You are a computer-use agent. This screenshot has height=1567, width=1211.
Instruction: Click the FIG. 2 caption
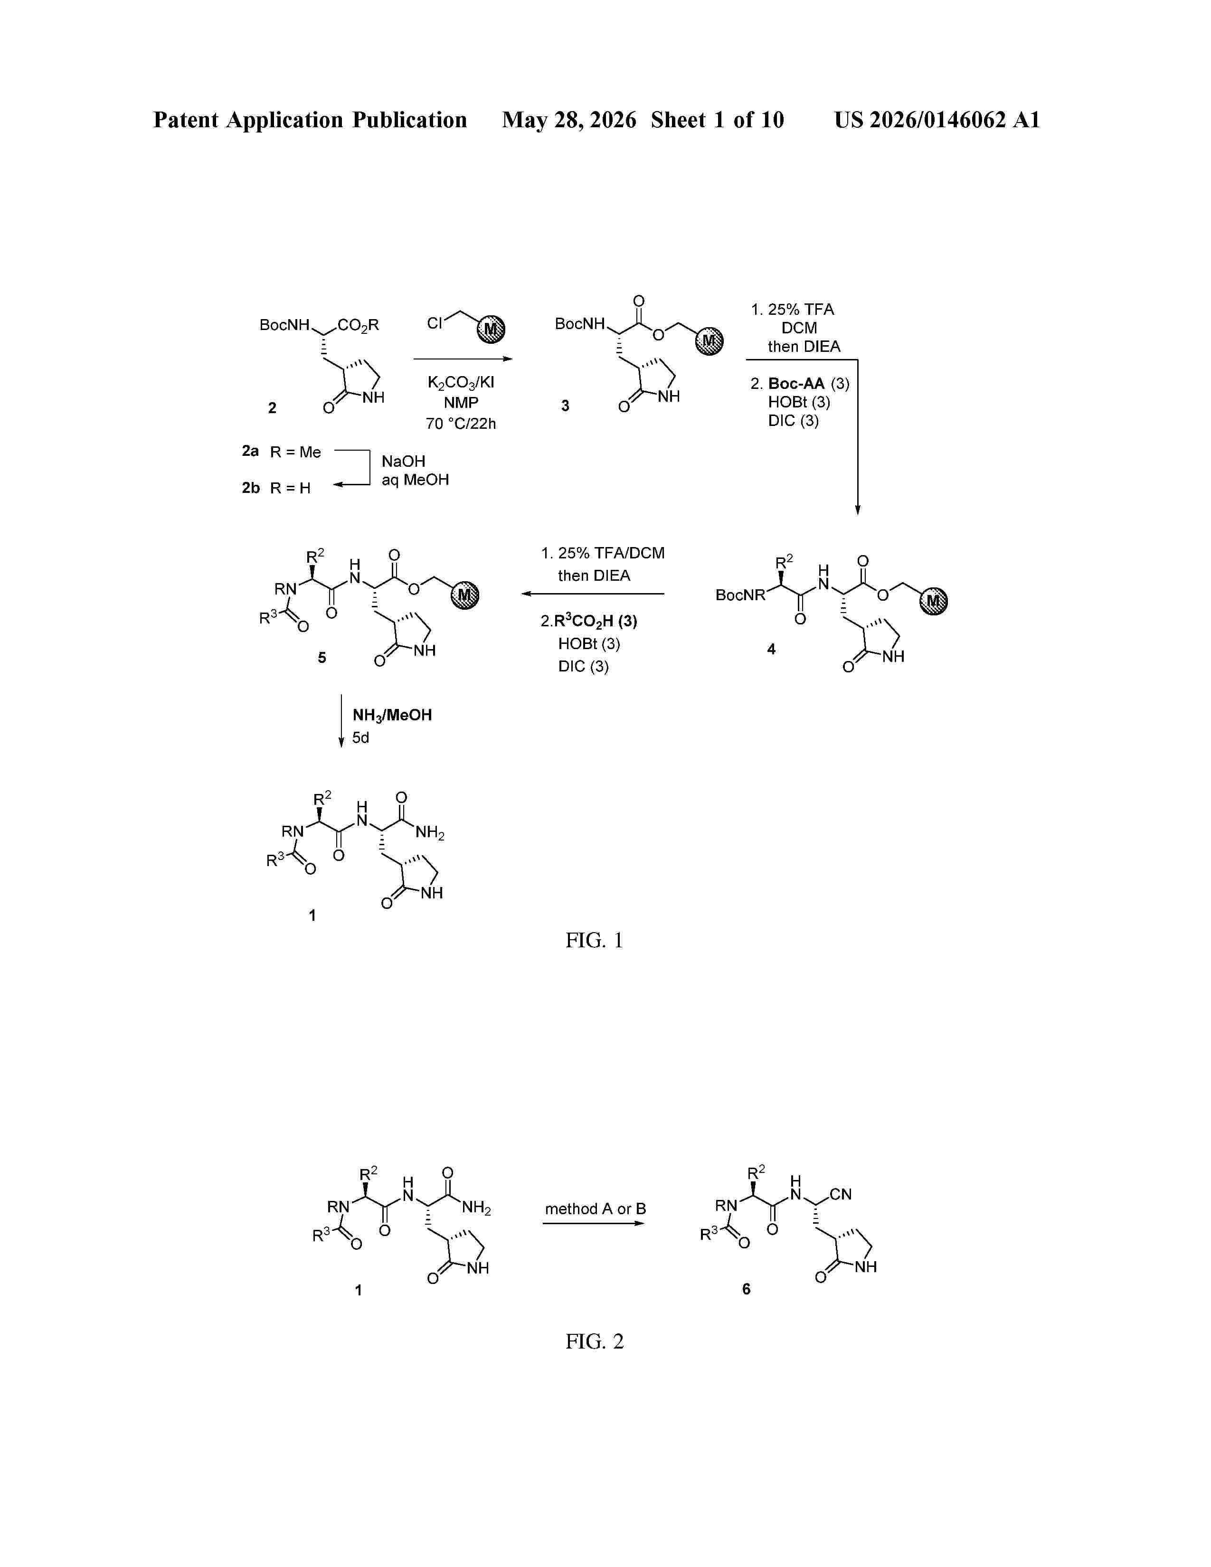tap(594, 1341)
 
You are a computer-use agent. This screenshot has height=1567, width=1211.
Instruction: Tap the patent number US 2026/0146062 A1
tap(937, 120)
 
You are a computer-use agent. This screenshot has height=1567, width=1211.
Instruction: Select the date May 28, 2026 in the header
tap(569, 120)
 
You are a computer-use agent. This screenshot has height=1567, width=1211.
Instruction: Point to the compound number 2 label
tap(272, 407)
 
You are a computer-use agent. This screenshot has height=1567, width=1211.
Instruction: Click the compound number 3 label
tap(565, 406)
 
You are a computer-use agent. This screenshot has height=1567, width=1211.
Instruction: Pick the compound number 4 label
tap(771, 649)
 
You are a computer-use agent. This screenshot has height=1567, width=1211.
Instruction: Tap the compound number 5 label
tap(322, 657)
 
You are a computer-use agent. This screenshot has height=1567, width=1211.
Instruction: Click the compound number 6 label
tap(746, 1289)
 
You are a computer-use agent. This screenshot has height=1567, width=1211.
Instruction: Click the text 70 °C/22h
tap(461, 424)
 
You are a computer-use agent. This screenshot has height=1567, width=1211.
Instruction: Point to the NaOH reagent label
tap(403, 462)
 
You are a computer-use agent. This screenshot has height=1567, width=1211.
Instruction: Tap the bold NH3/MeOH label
tap(392, 715)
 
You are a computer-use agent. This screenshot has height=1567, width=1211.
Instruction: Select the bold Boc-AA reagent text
tap(796, 384)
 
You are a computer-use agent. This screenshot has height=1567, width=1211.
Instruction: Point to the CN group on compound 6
tap(840, 1195)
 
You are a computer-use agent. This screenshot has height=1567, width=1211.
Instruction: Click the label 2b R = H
tap(276, 488)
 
